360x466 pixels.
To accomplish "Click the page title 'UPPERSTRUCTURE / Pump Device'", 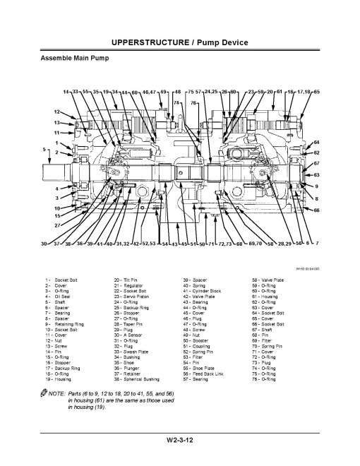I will (x=179, y=43).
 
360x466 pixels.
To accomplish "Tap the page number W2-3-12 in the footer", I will (x=179, y=441).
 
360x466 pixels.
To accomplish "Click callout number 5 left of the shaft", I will (x=44, y=150).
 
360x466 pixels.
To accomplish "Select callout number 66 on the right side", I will (x=317, y=210).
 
